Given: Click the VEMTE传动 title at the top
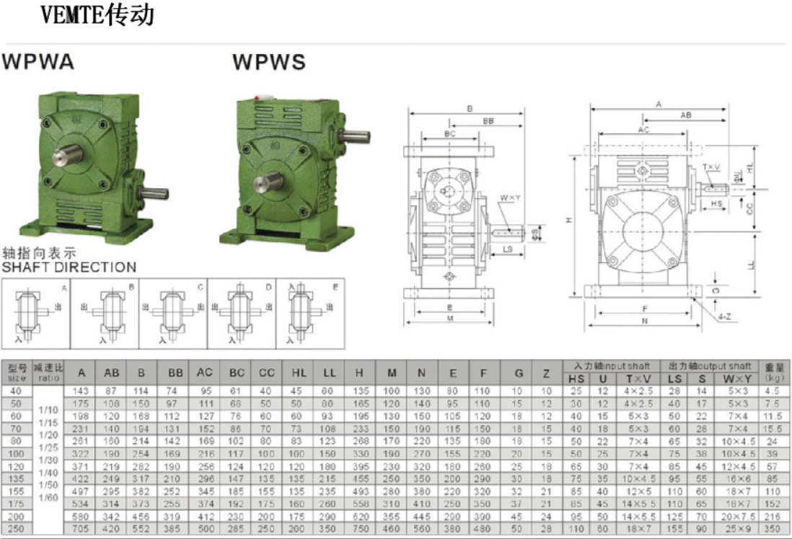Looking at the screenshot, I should (97, 15).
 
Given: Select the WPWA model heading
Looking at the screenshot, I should (38, 62).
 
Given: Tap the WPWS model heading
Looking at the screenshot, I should (269, 63).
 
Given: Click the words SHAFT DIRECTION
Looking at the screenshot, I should (69, 267).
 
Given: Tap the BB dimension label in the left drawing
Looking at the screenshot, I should (488, 122).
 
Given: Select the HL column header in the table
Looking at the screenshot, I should (299, 373).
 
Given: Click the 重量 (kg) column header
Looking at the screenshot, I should (773, 371).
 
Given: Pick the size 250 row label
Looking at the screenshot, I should (17, 529).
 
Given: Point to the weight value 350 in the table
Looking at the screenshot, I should (773, 529).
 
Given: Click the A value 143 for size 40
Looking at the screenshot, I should (82, 390).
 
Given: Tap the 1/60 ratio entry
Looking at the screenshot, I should (48, 497).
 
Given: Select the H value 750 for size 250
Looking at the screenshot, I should (360, 529).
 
